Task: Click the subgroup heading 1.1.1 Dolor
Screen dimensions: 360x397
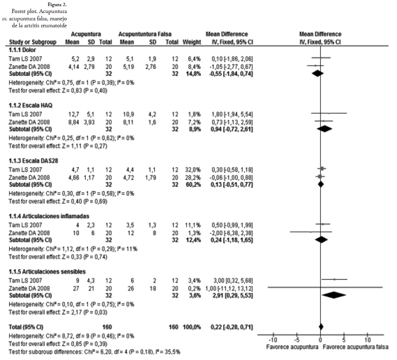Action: click(x=23, y=50)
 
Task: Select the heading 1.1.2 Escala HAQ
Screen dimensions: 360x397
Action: click(x=31, y=105)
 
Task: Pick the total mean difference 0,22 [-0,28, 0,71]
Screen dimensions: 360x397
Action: click(x=227, y=327)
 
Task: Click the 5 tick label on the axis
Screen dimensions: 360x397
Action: click(x=344, y=340)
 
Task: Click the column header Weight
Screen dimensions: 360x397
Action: click(x=190, y=42)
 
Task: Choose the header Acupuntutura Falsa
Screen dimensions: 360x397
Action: click(x=145, y=34)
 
